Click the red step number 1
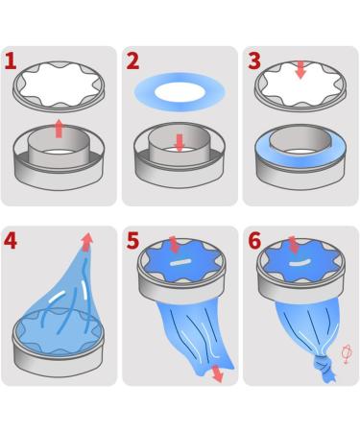11,61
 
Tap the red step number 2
132,61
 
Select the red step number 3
253,61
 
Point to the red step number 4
12,240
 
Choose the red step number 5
133,240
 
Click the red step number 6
254,240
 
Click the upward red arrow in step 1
59,129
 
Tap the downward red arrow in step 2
179,142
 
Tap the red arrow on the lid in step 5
174,245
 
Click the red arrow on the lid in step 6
294,245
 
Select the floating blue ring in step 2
180,92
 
